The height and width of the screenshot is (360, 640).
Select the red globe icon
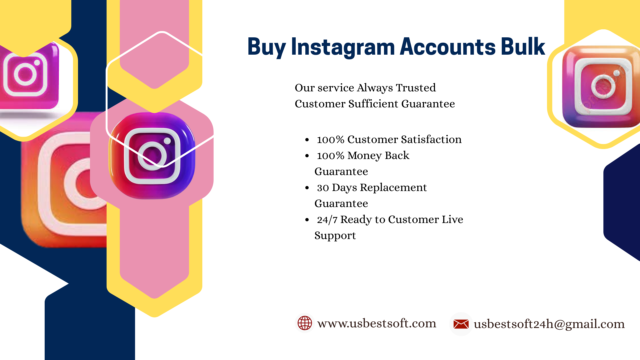305,323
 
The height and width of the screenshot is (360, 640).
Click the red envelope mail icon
461,324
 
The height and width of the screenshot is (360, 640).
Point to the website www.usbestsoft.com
377,323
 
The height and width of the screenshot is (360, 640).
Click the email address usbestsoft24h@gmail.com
549,324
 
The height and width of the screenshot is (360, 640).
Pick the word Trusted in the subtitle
416,88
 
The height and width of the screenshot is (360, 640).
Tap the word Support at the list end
335,236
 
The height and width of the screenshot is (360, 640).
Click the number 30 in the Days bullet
323,188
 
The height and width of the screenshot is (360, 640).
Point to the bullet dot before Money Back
307,156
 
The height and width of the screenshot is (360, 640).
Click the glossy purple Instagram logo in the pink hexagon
152,156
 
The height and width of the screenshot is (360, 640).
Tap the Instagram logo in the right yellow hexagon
601,87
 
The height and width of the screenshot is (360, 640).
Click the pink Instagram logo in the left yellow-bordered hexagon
29,76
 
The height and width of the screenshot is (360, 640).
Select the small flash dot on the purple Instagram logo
167,141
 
